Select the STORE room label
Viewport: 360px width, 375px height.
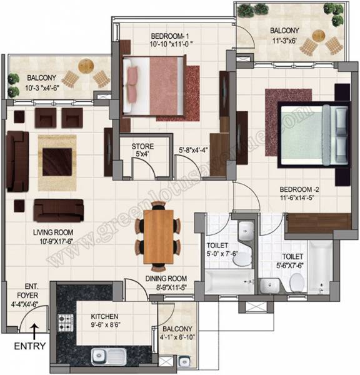(142, 147)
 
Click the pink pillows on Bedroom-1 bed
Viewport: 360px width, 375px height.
(133, 84)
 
